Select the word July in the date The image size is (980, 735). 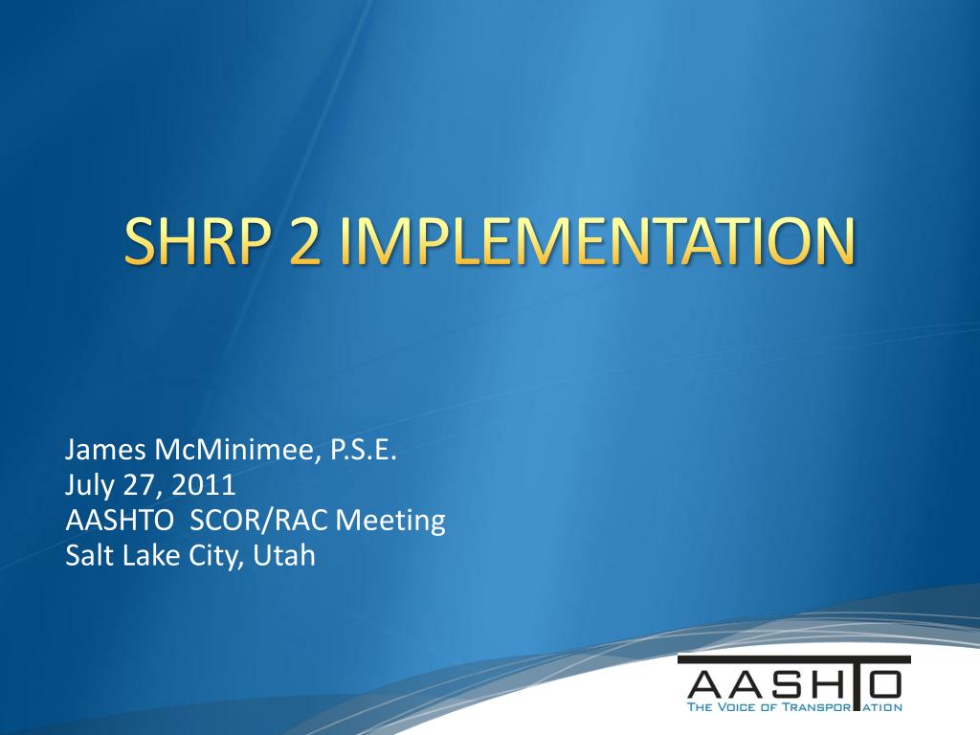[89, 486]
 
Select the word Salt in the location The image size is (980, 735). [87, 555]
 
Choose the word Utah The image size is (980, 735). [284, 555]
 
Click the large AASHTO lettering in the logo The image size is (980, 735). [794, 683]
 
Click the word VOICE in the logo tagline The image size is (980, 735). [738, 708]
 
